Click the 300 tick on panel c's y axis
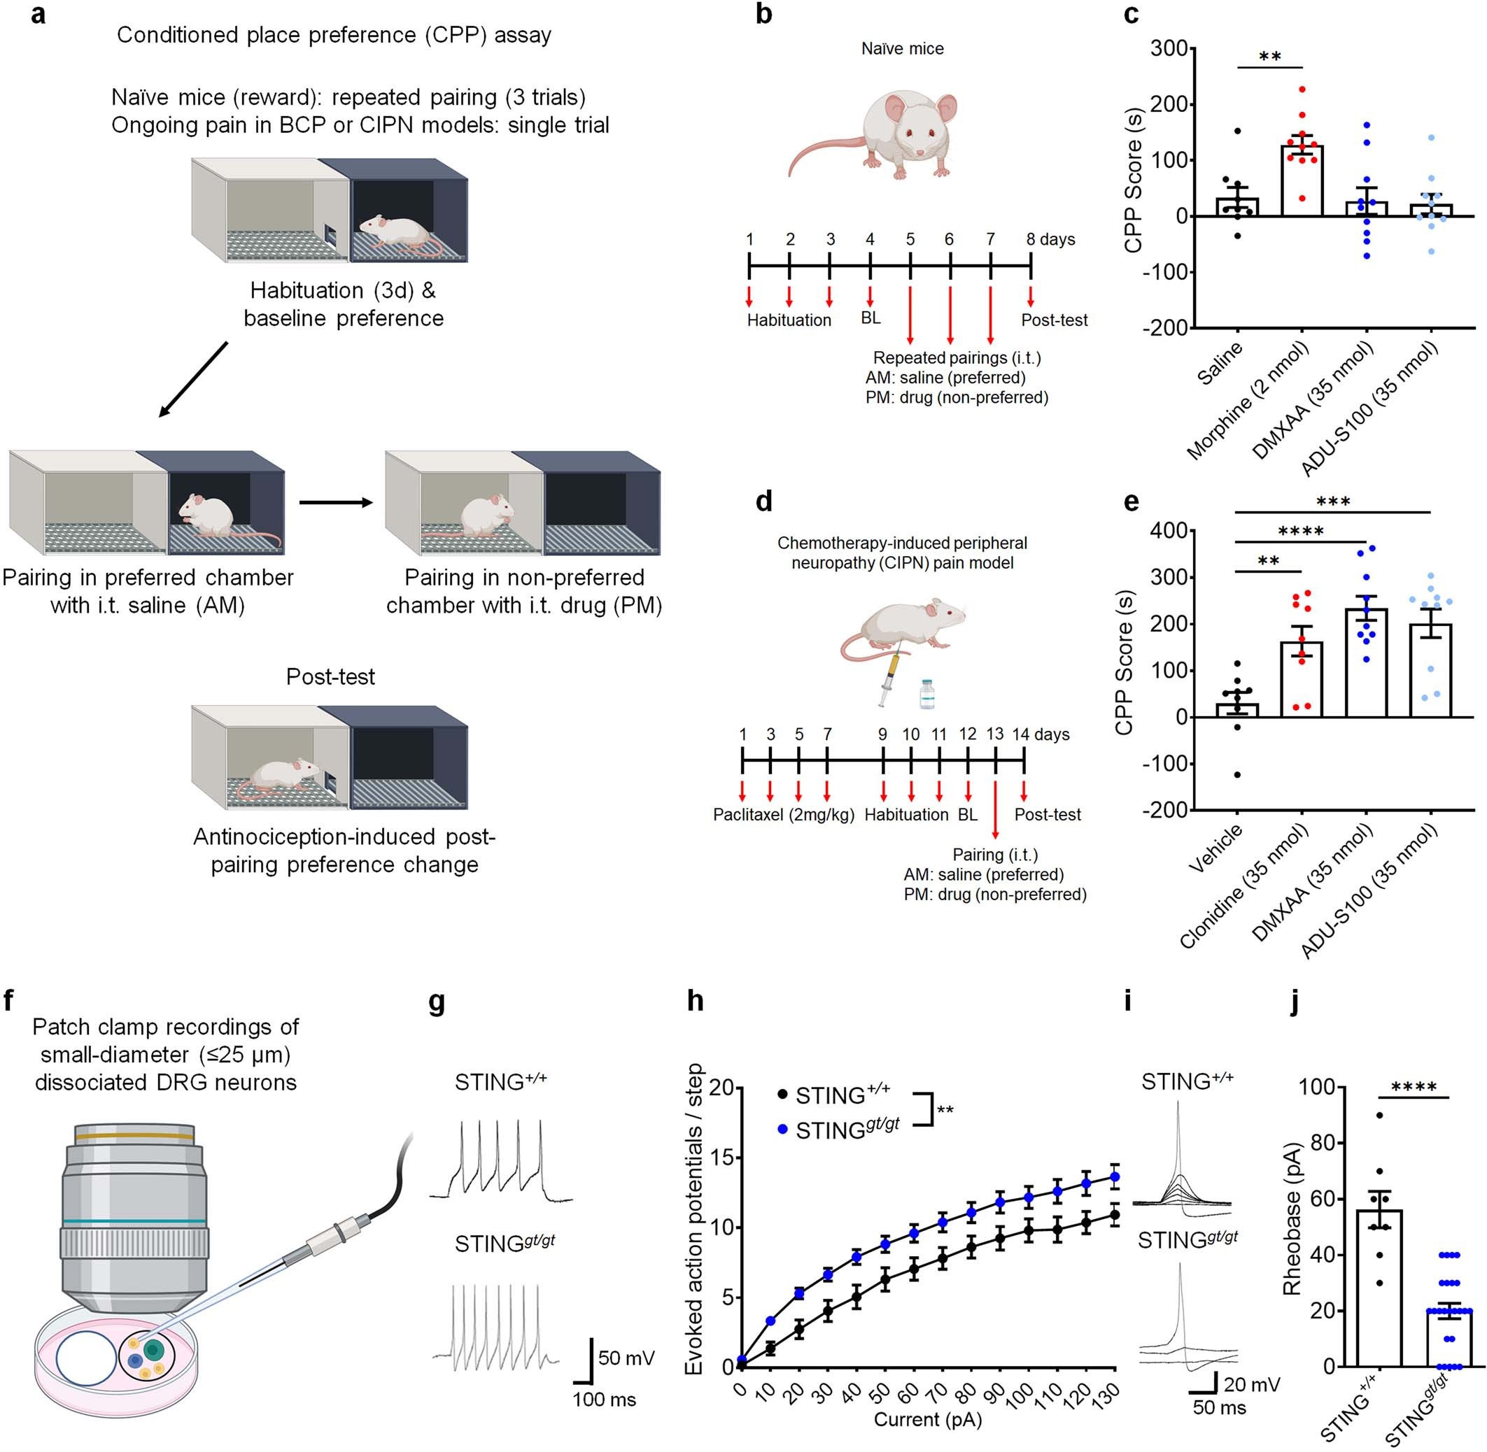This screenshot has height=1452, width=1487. [x=1168, y=49]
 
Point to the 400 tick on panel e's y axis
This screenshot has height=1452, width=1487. [x=1168, y=530]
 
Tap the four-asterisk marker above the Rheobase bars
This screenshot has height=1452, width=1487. [x=1414, y=1088]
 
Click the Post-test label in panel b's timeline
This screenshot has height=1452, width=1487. [x=1054, y=320]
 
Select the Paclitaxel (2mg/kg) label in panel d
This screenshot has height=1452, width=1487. [x=783, y=814]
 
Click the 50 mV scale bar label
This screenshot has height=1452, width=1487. [x=626, y=1358]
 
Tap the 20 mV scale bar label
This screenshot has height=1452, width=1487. [x=1251, y=1384]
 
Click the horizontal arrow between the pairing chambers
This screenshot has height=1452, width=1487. [x=336, y=503]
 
